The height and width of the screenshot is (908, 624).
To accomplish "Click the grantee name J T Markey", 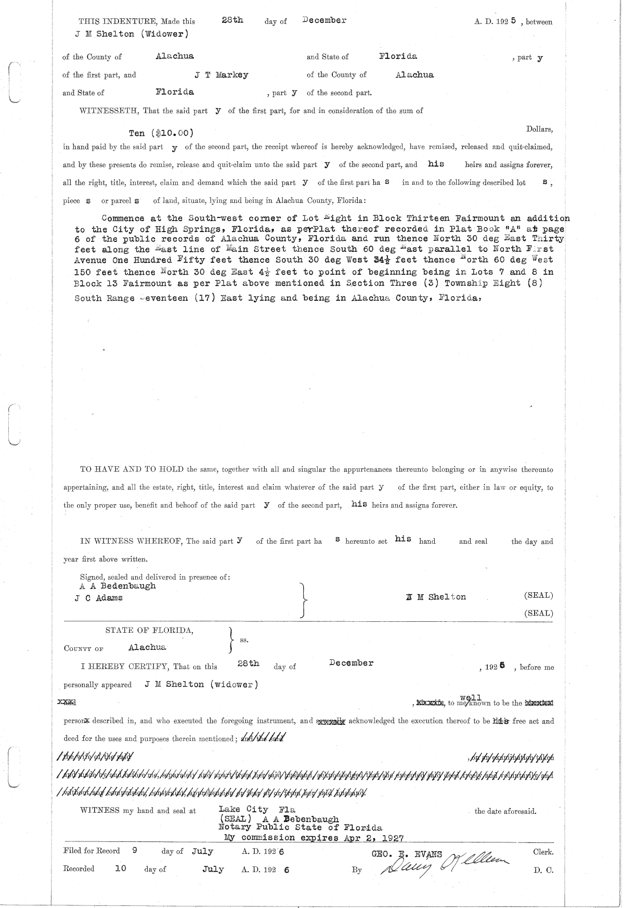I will coord(222,74).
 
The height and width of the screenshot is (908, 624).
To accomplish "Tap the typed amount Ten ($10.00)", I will coord(163,133).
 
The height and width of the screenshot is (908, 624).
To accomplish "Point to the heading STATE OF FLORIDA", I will coord(150,630).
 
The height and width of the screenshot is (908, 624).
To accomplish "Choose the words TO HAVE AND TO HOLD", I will coord(132,469).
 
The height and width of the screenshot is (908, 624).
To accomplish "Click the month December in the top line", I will coord(324,20).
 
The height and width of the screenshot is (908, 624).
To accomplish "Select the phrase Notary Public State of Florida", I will coord(300,827).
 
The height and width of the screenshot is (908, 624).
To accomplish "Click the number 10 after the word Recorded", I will coord(121,868).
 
